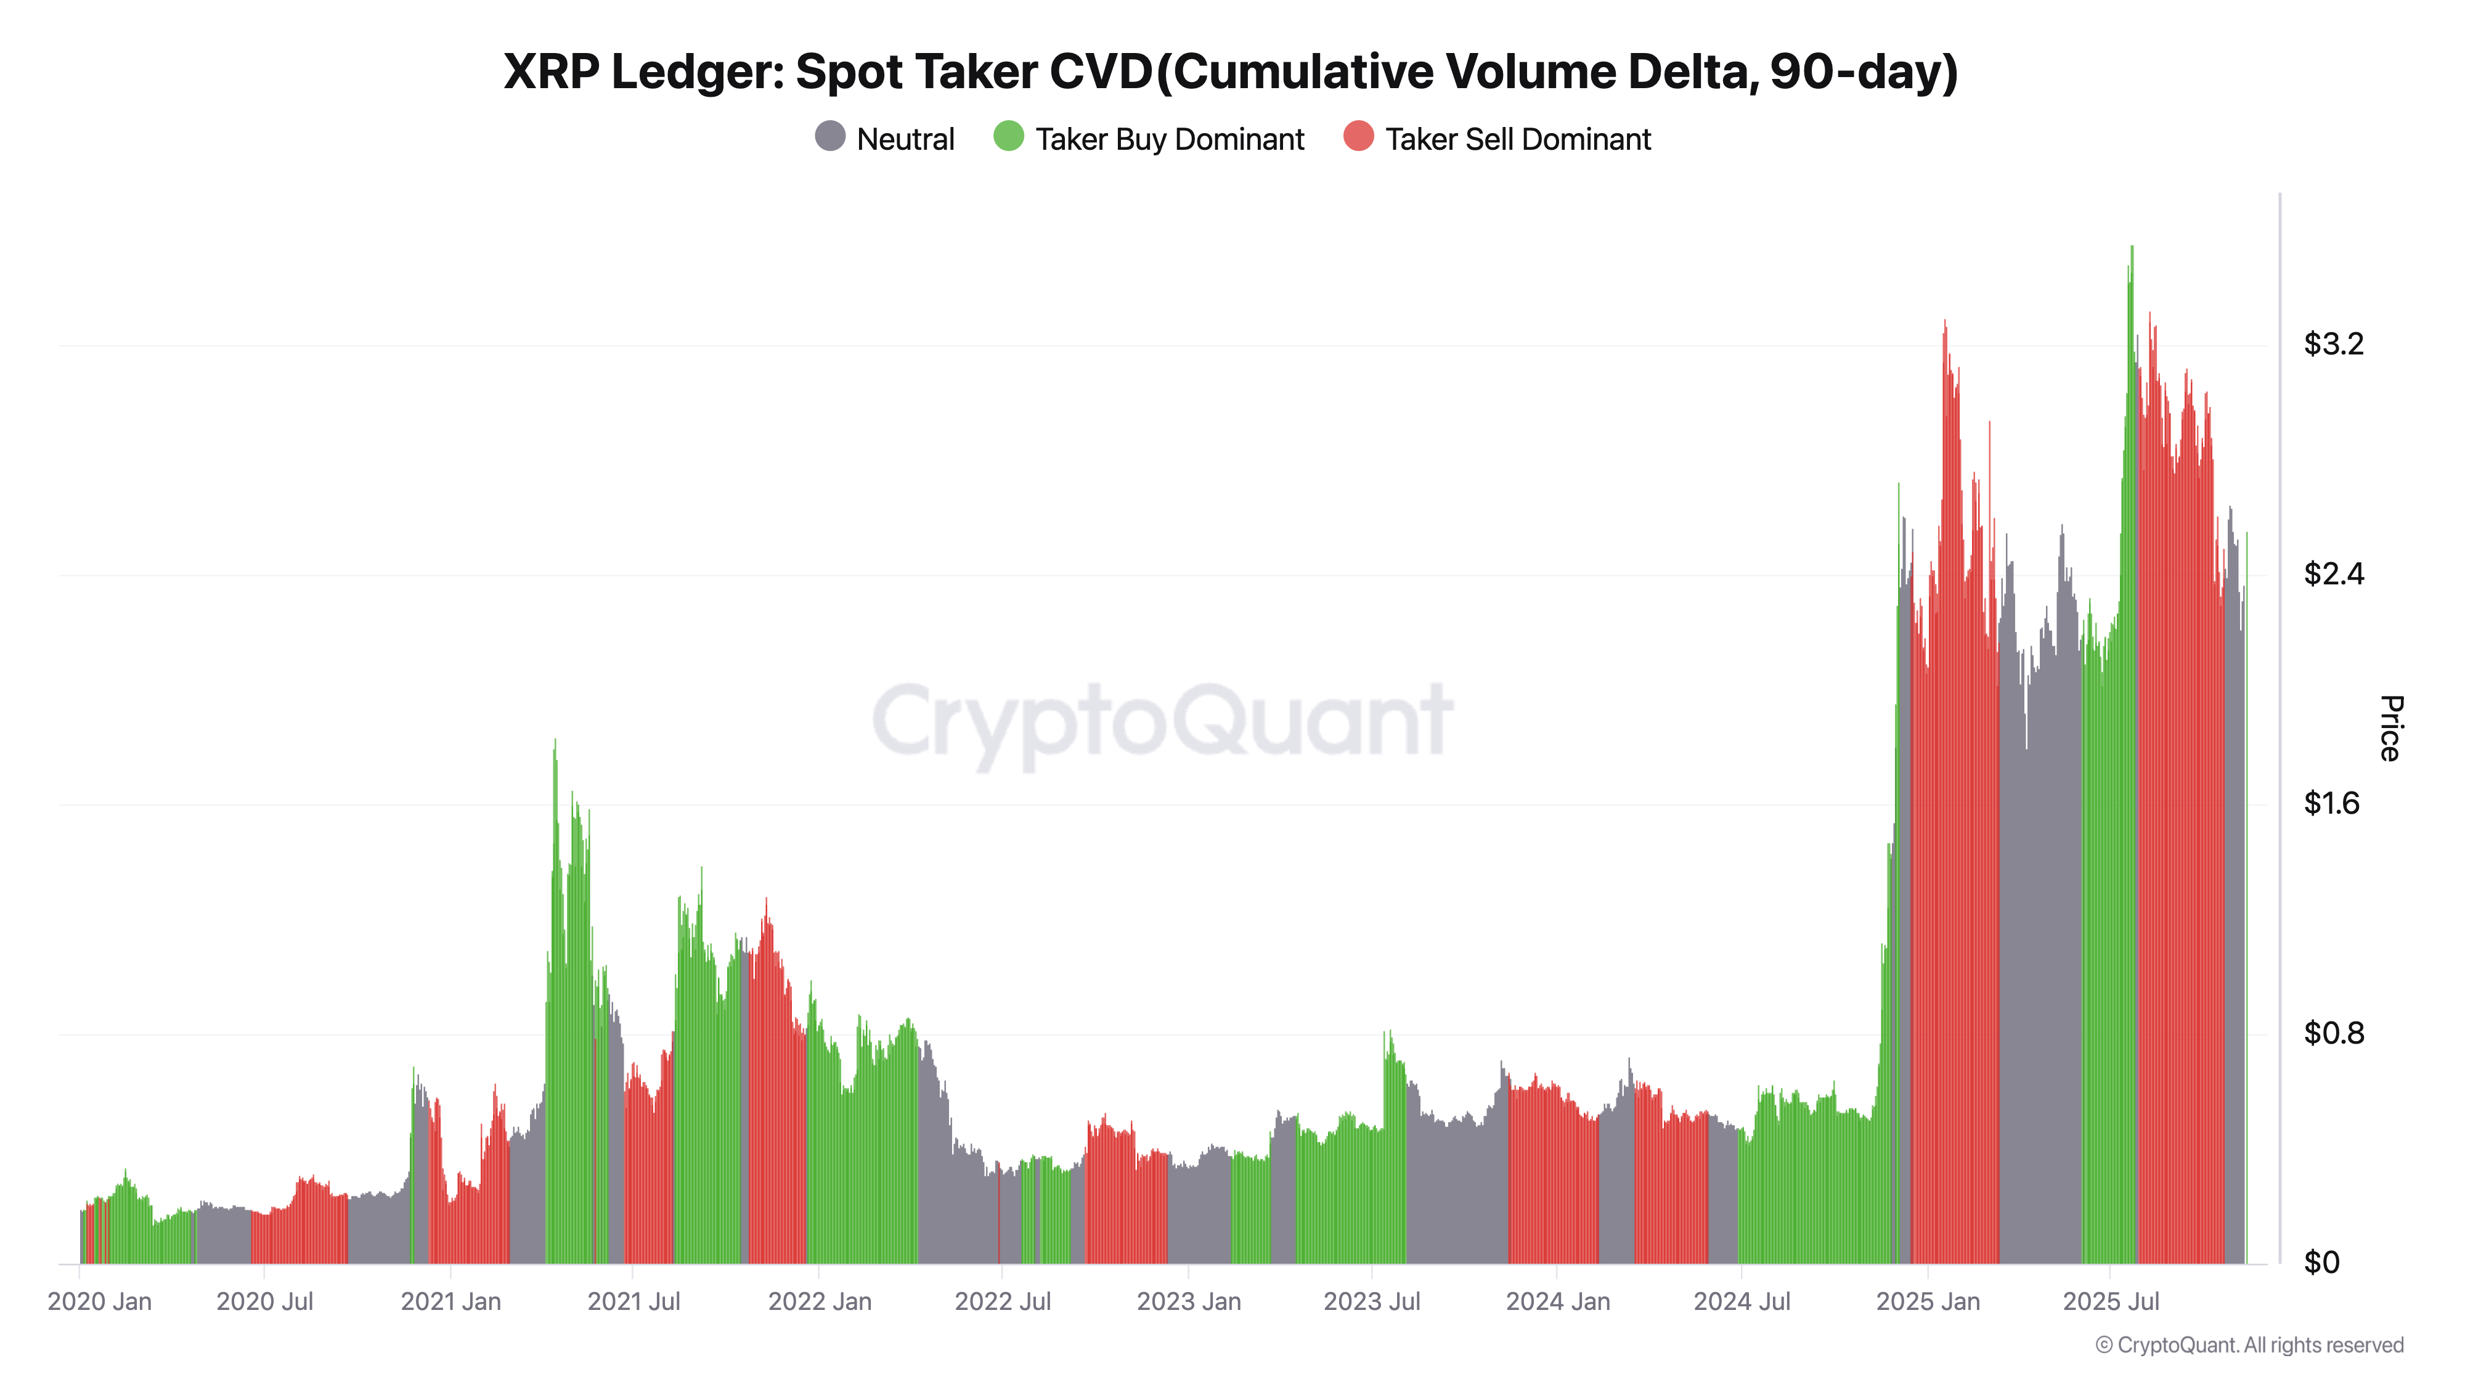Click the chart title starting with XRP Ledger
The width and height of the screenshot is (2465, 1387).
tap(1231, 72)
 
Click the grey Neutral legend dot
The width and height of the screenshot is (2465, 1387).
tap(829, 137)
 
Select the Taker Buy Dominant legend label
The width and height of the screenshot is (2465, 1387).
tap(1170, 140)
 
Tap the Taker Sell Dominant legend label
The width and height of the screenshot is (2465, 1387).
tap(1518, 140)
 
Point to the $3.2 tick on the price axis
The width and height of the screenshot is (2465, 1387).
tap(2333, 343)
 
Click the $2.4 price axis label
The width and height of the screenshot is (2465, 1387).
tap(2333, 573)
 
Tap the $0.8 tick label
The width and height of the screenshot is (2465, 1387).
tap(2333, 1033)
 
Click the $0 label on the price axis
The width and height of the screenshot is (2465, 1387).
tap(2321, 1262)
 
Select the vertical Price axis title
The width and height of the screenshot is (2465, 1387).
tap(2389, 729)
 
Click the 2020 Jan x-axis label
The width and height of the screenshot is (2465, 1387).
tap(99, 1302)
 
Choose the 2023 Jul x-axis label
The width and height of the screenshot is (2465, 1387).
tap(1371, 1302)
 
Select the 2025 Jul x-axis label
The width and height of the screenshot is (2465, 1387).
tap(2111, 1302)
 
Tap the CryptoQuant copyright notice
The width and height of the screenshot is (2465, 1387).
tap(2249, 1345)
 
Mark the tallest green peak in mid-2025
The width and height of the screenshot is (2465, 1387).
tap(2131, 250)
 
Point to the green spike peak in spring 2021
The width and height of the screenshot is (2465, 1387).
tap(555, 742)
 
